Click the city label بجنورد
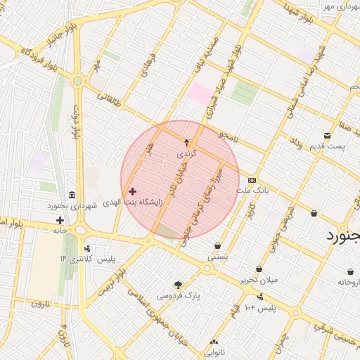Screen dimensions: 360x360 (x=342, y=236)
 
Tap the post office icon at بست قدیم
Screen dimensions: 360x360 (x=328, y=135)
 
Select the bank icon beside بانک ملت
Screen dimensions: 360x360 (x=252, y=180)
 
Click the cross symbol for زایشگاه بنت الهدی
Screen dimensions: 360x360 (x=132, y=191)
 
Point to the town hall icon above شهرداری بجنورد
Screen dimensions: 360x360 (x=72, y=195)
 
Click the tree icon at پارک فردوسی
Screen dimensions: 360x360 (x=178, y=285)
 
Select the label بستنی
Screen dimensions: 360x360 (x=217, y=257)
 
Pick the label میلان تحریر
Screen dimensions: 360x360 (x=259, y=280)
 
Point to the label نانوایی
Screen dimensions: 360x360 (x=214, y=353)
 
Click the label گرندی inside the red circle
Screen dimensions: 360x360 (x=187, y=153)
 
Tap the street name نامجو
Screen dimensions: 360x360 (x=229, y=136)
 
